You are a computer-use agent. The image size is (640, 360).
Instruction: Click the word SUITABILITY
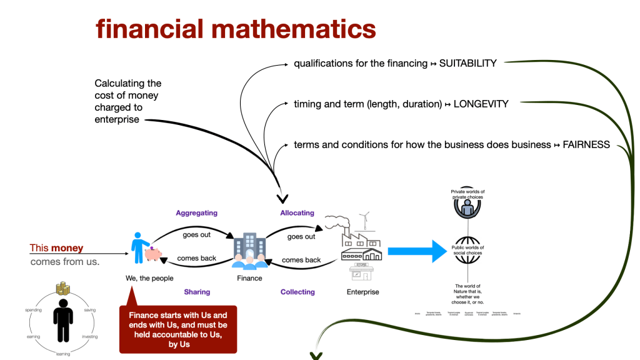pyautogui.click(x=468, y=63)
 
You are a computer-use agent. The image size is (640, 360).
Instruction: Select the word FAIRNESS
pyautogui.click(x=586, y=144)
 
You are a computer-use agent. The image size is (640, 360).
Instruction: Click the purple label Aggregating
pyautogui.click(x=196, y=213)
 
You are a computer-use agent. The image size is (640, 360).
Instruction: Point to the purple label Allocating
pyautogui.click(x=297, y=213)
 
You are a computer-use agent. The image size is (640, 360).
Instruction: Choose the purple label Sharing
pyautogui.click(x=197, y=292)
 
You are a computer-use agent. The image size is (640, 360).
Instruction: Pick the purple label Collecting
pyautogui.click(x=297, y=292)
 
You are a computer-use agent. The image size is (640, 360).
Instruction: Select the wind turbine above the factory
pyautogui.click(x=366, y=220)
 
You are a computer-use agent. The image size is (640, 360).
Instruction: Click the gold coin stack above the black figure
pyautogui.click(x=62, y=289)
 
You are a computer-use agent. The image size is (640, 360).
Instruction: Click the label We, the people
pyautogui.click(x=149, y=278)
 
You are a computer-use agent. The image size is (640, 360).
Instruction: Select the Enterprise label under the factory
pyautogui.click(x=362, y=292)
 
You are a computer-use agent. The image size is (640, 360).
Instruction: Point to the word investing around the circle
pyautogui.click(x=89, y=336)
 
